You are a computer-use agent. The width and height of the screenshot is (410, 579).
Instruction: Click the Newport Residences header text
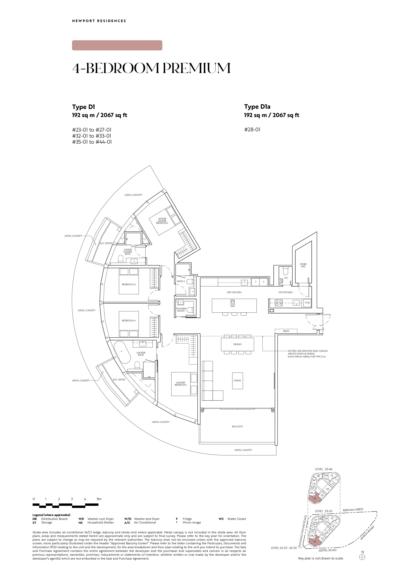click(x=99, y=21)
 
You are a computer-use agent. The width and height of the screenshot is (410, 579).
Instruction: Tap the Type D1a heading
click(x=257, y=107)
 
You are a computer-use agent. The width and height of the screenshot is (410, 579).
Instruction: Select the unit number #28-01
click(x=252, y=130)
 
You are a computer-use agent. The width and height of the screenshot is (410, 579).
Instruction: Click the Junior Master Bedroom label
click(x=162, y=221)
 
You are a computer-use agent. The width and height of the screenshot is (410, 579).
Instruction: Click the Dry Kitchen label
click(x=234, y=292)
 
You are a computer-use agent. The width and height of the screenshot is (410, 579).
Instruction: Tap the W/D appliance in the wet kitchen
click(x=307, y=303)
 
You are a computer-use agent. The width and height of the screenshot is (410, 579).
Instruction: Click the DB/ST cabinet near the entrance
click(x=286, y=331)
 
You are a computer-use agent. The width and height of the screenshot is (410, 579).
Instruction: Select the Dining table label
click(x=237, y=344)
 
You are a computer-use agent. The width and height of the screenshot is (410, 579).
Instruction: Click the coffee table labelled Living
click(x=237, y=380)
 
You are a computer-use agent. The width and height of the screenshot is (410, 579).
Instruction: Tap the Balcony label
click(x=237, y=426)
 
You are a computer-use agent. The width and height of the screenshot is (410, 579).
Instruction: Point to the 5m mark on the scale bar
click(x=99, y=499)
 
